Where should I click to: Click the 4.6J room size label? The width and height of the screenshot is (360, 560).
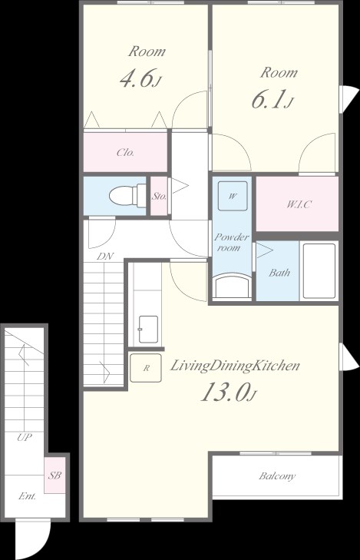(140, 79)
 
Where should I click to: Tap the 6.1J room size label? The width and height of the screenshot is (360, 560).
(272, 100)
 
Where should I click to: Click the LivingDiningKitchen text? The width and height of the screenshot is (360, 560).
(234, 366)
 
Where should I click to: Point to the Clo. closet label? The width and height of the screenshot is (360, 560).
(126, 153)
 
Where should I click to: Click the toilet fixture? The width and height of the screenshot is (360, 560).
(127, 195)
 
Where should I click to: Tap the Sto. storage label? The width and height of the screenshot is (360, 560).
(159, 196)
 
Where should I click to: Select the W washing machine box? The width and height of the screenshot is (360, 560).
(233, 196)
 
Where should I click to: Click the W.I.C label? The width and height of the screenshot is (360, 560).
(299, 204)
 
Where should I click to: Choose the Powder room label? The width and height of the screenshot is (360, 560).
(232, 242)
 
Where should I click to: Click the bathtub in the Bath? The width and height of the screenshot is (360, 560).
(319, 271)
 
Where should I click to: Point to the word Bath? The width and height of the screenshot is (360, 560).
(279, 273)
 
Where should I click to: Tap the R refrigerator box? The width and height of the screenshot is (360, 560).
(146, 368)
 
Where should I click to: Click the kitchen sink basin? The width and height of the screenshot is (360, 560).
(148, 329)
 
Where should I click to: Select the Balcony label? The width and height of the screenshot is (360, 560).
(277, 476)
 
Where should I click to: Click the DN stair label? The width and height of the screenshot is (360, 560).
(105, 256)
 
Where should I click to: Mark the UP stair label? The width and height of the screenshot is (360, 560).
(25, 437)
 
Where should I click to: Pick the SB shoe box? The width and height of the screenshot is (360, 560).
(55, 476)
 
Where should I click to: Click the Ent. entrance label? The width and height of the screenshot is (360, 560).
(27, 496)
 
